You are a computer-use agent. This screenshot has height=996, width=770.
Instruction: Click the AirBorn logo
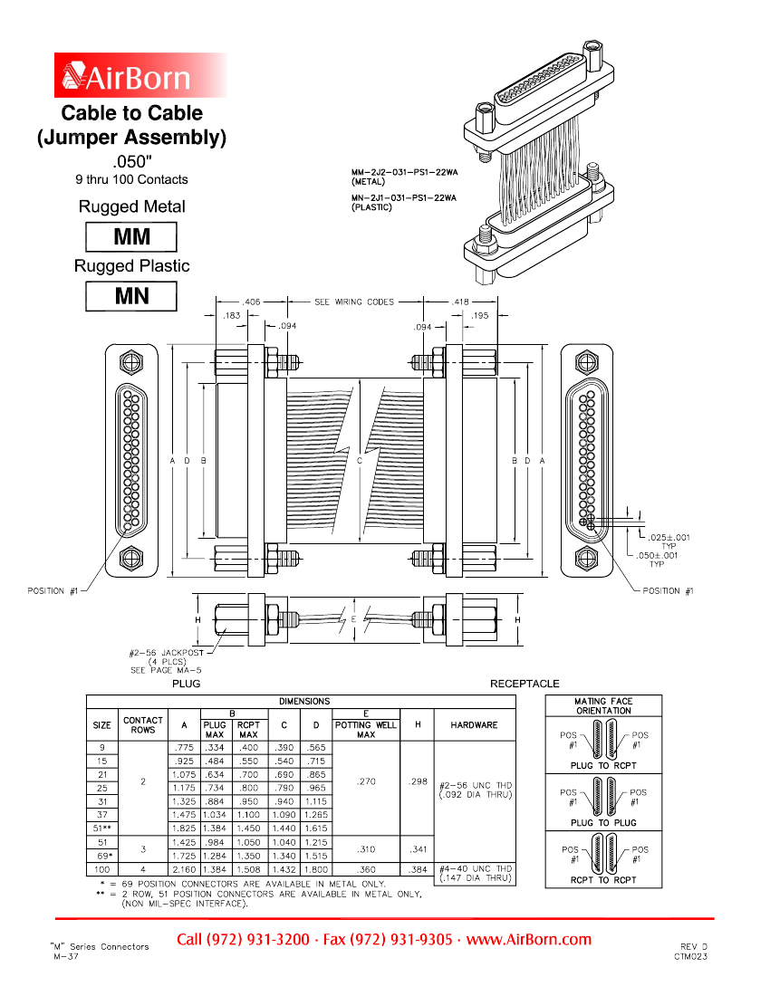[x=140, y=75]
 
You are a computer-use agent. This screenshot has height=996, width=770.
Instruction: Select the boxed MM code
[x=131, y=237]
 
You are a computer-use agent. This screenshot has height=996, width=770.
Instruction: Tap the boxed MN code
[x=131, y=296]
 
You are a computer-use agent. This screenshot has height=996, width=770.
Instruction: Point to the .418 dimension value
[x=460, y=302]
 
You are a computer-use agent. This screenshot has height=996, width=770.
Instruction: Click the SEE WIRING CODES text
[x=354, y=302]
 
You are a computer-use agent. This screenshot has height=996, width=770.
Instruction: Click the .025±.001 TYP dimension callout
[x=669, y=537]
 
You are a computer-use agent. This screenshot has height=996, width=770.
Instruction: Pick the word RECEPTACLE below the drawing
[x=525, y=684]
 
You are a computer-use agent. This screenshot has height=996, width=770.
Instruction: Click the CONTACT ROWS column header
[x=143, y=725]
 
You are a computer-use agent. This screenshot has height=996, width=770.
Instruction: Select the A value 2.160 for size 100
[x=184, y=868]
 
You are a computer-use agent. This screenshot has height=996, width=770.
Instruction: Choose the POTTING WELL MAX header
[x=366, y=730]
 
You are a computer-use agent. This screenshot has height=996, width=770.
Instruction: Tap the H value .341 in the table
[x=417, y=848]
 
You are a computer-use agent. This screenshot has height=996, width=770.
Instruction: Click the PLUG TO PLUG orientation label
[x=603, y=823]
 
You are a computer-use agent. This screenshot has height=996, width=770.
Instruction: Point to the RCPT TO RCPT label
[x=603, y=879]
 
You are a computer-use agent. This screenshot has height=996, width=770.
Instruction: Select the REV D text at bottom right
[x=694, y=945]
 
